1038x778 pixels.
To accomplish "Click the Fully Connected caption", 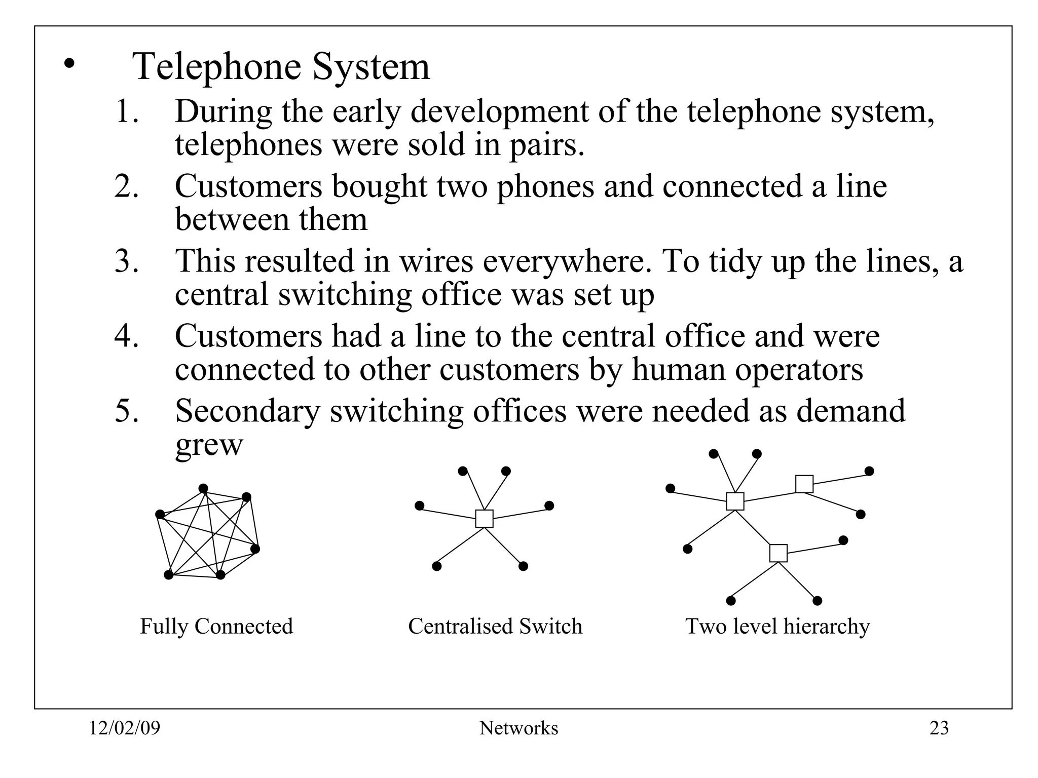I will point(216,627).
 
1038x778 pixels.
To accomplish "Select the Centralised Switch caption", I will point(495,627).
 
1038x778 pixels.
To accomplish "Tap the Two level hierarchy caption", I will point(777,627).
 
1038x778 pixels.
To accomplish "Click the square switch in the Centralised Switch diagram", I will point(484,519).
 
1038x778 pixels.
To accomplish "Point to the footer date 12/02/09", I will point(125,728).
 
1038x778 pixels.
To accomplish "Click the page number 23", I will point(939,728).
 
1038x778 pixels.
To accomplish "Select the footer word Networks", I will point(518,728).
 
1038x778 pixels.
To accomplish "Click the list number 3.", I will point(126,261).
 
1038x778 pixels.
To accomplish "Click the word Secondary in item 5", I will point(248,411).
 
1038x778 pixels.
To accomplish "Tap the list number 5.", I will point(126,411).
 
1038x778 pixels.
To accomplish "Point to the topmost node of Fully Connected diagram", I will point(203,488).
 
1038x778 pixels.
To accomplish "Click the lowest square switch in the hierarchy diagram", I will point(778,553).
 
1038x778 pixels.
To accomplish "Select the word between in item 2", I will point(232,220).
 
